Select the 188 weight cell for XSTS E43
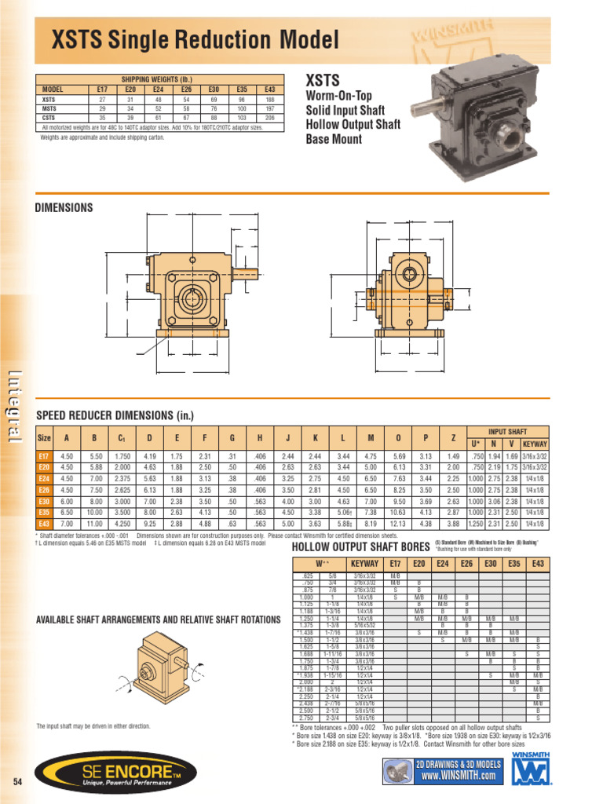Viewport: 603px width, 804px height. point(270,100)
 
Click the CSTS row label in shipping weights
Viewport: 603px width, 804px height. point(49,118)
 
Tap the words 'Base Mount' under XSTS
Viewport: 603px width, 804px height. point(334,139)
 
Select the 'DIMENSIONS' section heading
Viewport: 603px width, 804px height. point(64,208)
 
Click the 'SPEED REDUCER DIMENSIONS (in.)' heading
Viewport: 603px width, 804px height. point(115,415)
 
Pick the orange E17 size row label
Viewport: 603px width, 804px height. point(44,456)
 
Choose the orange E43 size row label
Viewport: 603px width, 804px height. point(44,523)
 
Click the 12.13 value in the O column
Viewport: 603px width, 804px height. point(399,523)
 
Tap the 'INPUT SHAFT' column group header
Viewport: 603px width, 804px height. point(508,431)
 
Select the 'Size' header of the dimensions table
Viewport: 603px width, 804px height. point(44,438)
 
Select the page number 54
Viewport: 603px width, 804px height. point(18,782)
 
